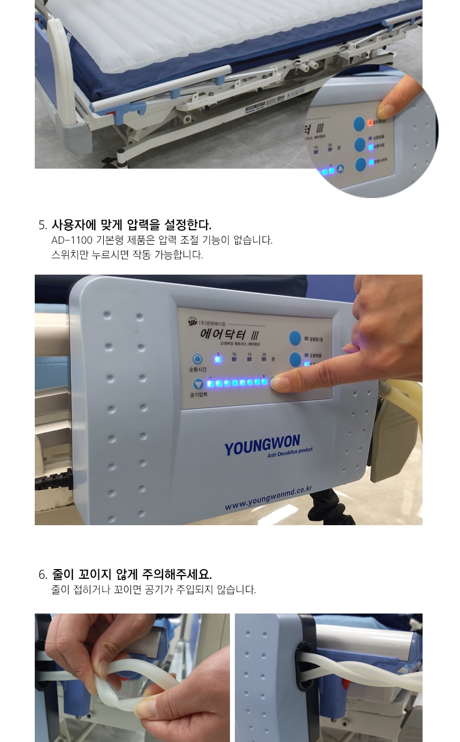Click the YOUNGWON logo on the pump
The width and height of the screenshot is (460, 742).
tap(262, 444)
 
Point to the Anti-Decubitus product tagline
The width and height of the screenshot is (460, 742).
tap(290, 453)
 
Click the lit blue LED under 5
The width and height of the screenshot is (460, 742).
tap(218, 359)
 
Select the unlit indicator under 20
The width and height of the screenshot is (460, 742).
tap(264, 360)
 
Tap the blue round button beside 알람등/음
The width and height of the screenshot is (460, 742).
tap(296, 338)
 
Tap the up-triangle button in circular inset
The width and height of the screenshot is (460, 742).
tap(340, 169)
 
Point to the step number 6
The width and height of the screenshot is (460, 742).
tap(43, 575)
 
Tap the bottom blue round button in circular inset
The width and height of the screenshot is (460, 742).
tap(361, 164)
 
